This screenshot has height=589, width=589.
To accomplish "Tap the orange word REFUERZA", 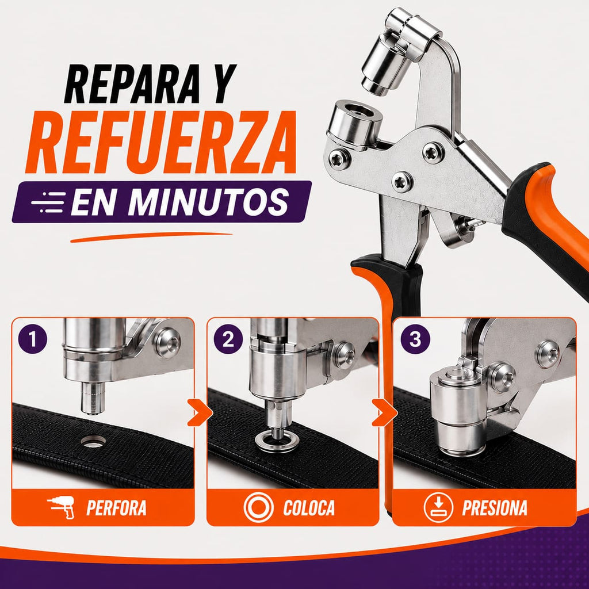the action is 161,143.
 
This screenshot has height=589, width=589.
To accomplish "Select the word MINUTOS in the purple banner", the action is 208,202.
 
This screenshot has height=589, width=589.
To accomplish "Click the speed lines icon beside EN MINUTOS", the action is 48,202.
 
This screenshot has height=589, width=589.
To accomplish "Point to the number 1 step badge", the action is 33,339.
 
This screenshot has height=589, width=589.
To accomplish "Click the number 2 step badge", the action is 228,339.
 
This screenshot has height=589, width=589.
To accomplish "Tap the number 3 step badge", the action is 415,339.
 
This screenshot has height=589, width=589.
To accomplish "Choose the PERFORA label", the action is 116,508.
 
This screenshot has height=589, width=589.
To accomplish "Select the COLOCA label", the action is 309,508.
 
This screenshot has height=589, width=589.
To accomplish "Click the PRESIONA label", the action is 495,508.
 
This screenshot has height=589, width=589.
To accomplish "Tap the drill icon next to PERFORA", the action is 61,507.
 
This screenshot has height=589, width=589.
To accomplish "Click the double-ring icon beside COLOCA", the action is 258,507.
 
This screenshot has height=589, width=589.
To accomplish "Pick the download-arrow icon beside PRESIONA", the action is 438,507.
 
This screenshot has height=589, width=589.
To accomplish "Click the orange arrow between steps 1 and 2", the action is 200,413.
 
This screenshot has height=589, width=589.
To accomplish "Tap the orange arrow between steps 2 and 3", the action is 384,413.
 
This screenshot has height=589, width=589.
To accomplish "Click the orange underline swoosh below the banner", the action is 151,237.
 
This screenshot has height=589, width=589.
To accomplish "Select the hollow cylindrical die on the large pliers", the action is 354,124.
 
